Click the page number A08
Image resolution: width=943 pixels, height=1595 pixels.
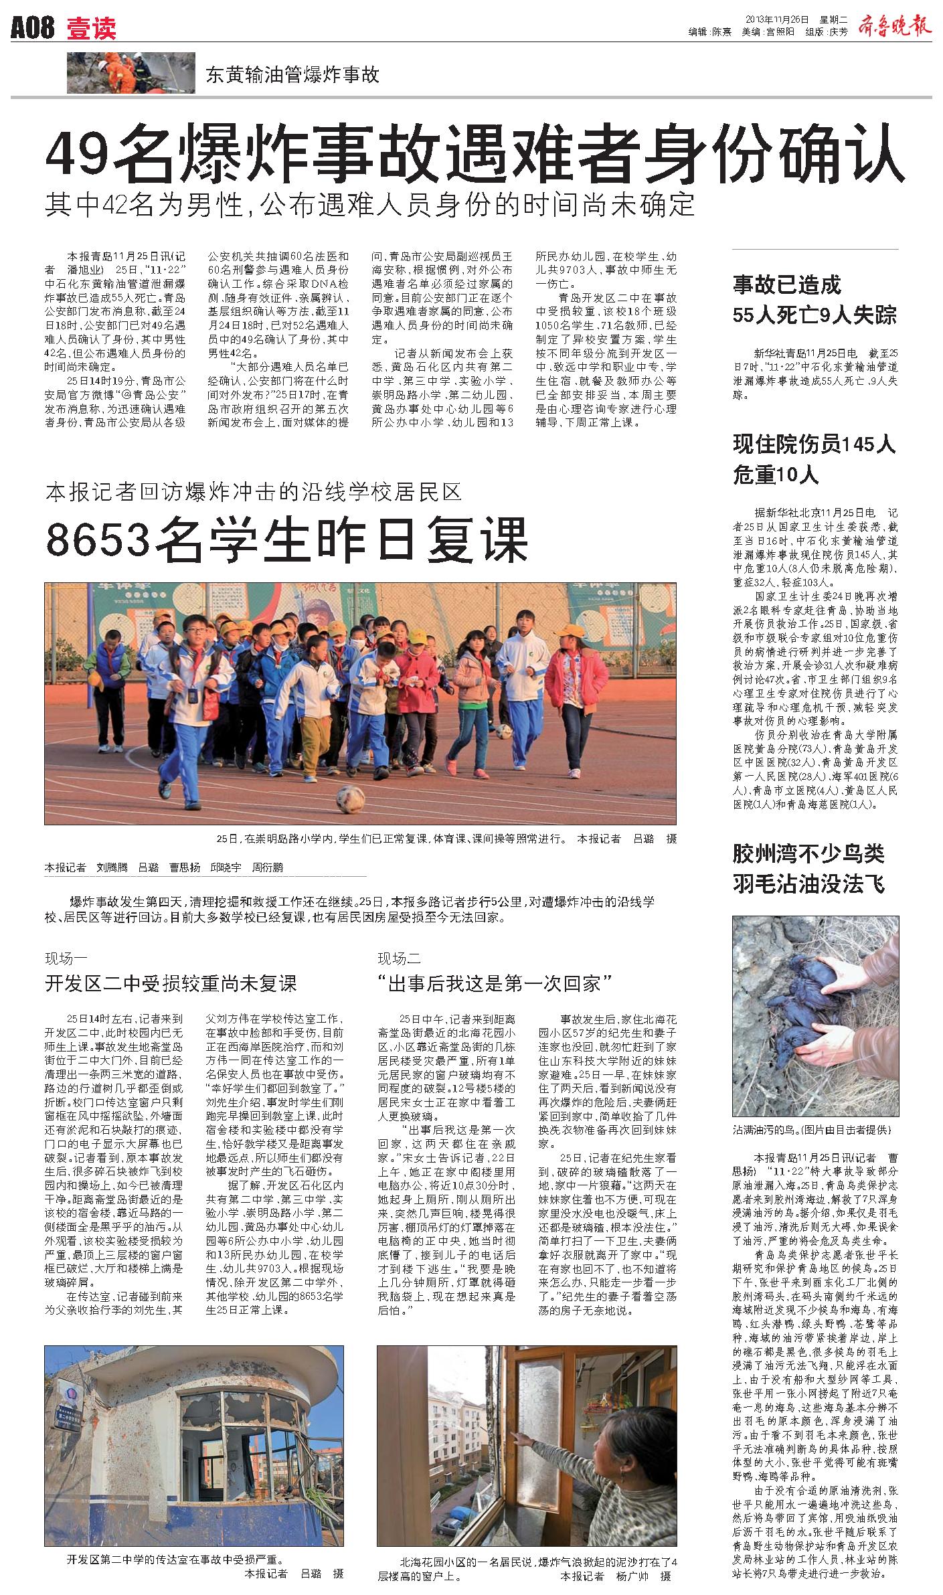coord(32,29)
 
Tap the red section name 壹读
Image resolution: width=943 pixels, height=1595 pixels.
coord(91,29)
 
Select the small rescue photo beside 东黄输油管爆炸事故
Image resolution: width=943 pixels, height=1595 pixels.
coord(120,72)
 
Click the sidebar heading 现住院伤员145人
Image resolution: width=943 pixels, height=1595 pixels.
coord(814,444)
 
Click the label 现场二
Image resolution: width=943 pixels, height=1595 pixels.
coord(399,958)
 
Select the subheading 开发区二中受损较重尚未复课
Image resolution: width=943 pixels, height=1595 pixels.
coord(170,983)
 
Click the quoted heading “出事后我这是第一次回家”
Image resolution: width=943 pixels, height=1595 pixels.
coord(496,983)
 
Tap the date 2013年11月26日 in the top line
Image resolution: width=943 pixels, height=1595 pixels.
coord(777,19)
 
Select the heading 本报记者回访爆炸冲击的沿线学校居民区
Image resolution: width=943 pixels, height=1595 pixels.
coord(254,493)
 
